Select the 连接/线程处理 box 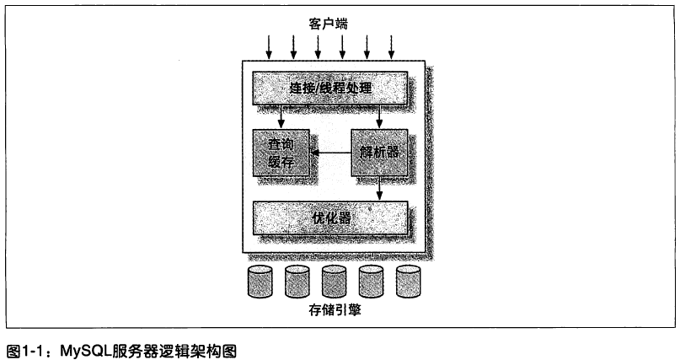coord(330,87)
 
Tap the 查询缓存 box coord(281,152)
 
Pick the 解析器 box coord(378,152)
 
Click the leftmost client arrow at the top coord(267,47)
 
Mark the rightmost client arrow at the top coord(392,47)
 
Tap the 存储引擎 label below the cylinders coord(335,312)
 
